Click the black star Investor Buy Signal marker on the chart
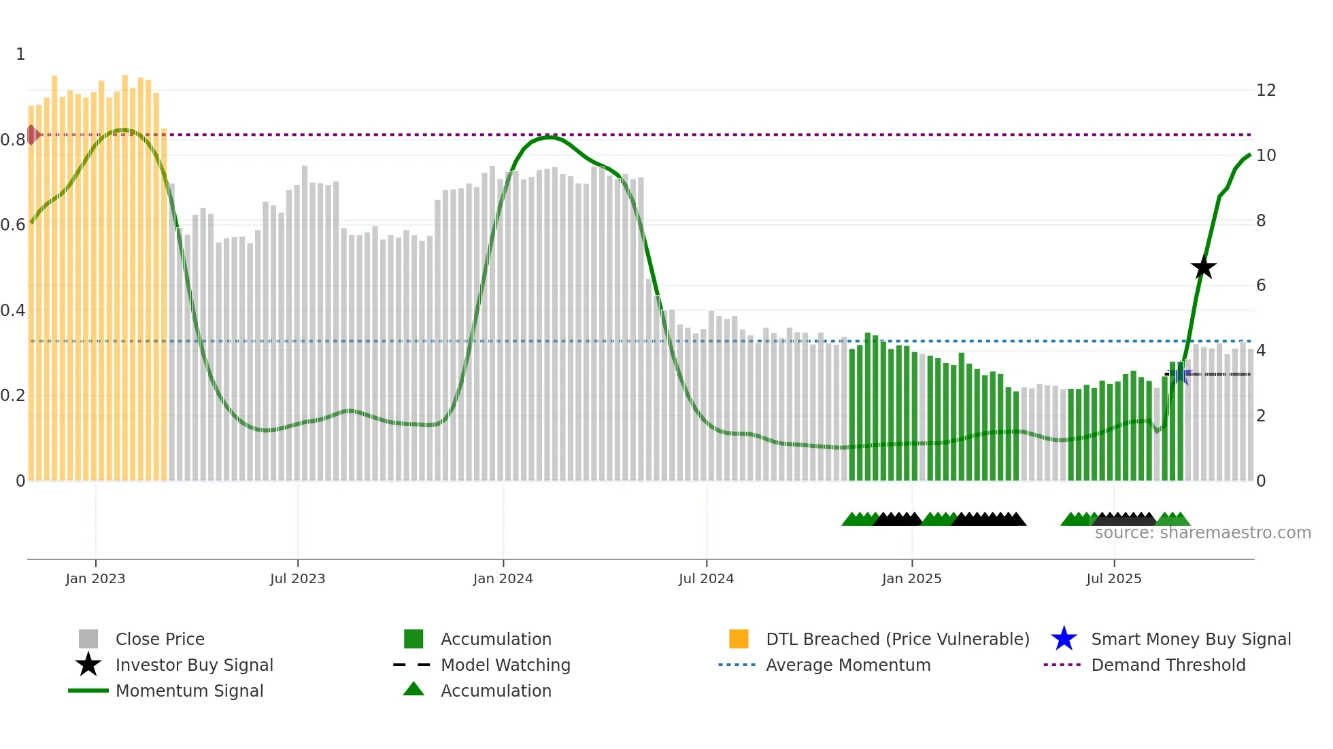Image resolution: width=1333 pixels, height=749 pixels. click(x=1203, y=268)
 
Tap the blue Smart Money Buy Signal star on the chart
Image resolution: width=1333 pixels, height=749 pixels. click(x=1181, y=374)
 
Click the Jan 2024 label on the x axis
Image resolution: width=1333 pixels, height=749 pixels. click(x=503, y=578)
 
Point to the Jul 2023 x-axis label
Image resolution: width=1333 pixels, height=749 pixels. click(x=297, y=578)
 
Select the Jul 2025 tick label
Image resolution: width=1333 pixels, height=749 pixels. click(x=1113, y=578)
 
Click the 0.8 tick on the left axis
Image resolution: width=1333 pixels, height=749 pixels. click(x=13, y=140)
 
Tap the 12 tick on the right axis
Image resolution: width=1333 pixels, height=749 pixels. click(x=1266, y=90)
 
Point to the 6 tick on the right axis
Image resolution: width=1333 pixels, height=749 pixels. click(x=1261, y=285)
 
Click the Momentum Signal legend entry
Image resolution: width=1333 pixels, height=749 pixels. click(x=189, y=691)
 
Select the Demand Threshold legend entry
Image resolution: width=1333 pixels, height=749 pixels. click(x=1168, y=665)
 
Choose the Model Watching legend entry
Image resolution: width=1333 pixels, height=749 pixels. click(x=505, y=665)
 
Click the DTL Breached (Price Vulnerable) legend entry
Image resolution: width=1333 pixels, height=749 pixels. click(x=897, y=639)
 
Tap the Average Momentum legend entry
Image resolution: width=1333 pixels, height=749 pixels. click(x=848, y=665)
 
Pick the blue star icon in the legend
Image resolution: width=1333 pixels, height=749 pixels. click(x=1064, y=639)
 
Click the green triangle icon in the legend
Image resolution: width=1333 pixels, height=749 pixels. click(x=414, y=690)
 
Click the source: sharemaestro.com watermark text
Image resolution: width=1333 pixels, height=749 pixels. click(x=1202, y=533)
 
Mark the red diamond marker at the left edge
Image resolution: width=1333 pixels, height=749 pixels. click(x=32, y=135)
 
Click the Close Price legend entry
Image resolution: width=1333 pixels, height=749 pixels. click(x=160, y=639)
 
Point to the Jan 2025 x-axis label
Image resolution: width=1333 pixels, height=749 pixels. click(x=911, y=578)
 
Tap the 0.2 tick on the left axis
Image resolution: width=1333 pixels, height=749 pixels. click(x=13, y=396)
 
